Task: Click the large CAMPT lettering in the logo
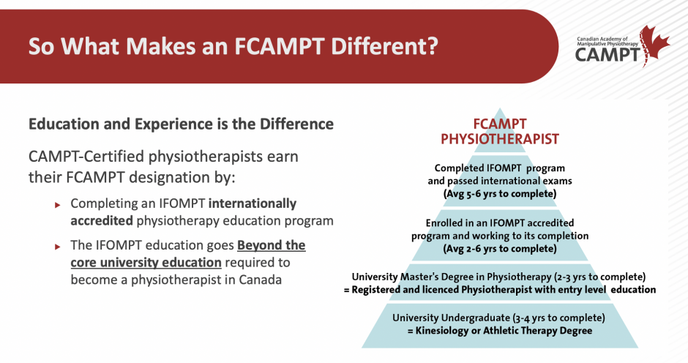(x=608, y=55)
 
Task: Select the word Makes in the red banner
(x=160, y=45)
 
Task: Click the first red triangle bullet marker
(x=58, y=204)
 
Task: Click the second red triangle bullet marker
(x=58, y=246)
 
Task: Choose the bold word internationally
(x=253, y=203)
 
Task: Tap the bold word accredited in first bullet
(x=102, y=220)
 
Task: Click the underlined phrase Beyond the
(x=271, y=245)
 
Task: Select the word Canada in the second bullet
(x=260, y=280)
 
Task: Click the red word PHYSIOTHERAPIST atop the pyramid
(x=500, y=139)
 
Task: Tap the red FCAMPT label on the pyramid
(x=500, y=124)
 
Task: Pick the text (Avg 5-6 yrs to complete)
(x=500, y=193)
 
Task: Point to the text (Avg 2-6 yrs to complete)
(x=500, y=248)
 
